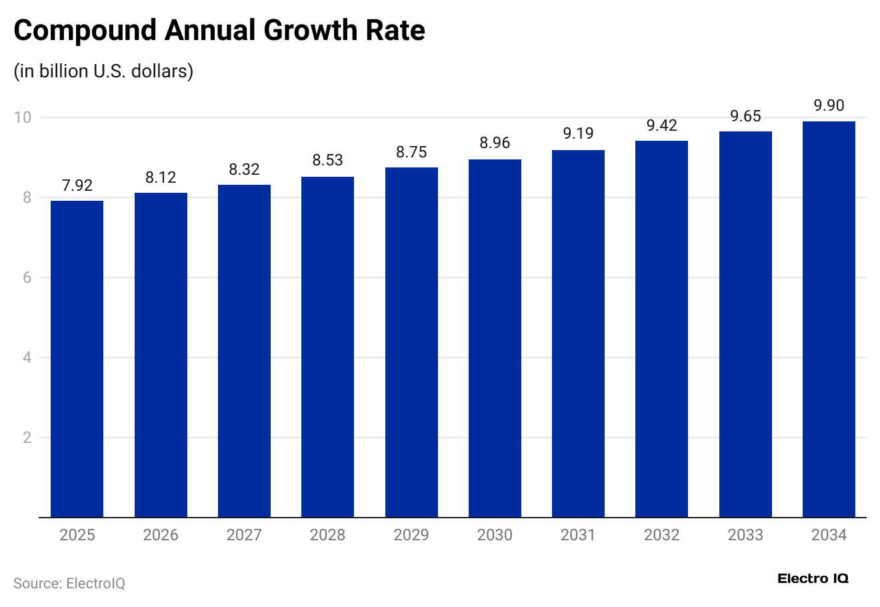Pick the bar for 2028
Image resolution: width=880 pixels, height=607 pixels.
327,347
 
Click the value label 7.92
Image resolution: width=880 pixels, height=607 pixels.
77,185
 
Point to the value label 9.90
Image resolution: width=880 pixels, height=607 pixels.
829,105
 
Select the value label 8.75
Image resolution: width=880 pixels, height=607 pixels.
411,152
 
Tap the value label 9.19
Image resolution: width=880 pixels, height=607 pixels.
578,133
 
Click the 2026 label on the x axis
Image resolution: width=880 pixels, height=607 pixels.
161,535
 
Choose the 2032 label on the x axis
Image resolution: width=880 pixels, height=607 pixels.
661,535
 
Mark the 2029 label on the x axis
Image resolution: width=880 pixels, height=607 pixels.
411,535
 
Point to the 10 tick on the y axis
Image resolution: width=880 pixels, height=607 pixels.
23,117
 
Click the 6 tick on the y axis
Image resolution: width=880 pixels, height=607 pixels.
27,277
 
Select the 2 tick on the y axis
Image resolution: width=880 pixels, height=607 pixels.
27,438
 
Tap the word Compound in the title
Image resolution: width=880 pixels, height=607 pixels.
85,31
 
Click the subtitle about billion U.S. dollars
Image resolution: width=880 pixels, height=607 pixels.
103,71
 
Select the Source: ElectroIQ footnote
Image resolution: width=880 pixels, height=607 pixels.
69,583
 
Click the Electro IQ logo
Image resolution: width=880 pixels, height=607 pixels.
813,578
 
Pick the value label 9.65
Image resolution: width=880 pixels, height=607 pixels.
745,116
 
